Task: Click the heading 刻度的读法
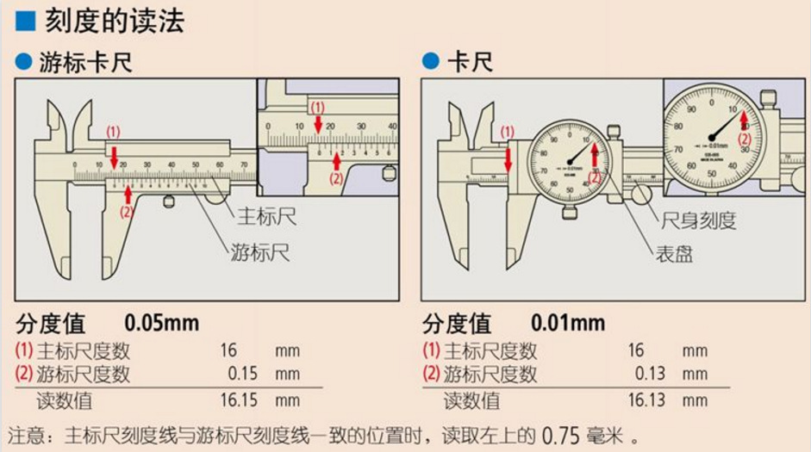click(115, 22)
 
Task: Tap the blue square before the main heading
click(25, 22)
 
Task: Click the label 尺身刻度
click(698, 220)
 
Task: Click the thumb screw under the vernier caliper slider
click(170, 202)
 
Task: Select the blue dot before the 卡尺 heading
click(429, 62)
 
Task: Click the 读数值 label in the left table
click(64, 400)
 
